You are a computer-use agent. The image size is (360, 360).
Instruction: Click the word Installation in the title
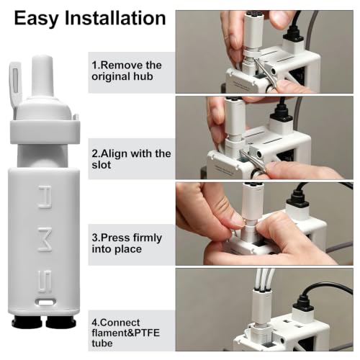click(115, 18)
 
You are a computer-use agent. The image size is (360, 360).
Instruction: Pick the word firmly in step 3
click(148, 238)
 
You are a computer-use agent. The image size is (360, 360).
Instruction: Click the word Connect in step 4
click(119, 323)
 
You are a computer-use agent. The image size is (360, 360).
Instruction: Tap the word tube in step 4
click(102, 343)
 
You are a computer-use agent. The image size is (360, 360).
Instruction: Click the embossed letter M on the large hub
click(45, 239)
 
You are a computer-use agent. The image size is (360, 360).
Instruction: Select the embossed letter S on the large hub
click(45, 282)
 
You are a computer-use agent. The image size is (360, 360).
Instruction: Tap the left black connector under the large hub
click(27, 322)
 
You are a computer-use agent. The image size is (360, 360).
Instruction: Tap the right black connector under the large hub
click(60, 322)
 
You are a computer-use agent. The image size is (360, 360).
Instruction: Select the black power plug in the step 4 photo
click(303, 305)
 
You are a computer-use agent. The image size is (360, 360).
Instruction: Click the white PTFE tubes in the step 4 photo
click(264, 280)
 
